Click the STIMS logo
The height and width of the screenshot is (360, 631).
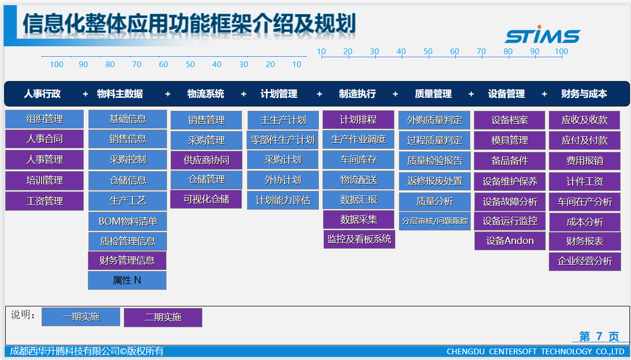click(x=542, y=34)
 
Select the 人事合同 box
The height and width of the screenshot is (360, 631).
click(x=45, y=139)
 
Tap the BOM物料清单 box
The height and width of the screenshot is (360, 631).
click(x=127, y=222)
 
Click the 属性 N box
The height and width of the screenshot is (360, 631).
click(x=127, y=280)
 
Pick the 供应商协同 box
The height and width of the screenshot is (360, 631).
click(x=206, y=160)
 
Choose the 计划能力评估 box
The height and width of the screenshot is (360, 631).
click(x=283, y=200)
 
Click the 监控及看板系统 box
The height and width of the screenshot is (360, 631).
click(x=359, y=239)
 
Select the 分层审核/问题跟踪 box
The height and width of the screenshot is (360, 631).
click(x=435, y=221)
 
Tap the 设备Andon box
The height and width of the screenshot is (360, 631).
click(x=510, y=241)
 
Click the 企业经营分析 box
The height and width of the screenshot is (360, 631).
click(x=585, y=261)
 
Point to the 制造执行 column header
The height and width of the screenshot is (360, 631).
click(x=357, y=94)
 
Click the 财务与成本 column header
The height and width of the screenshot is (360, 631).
click(x=584, y=94)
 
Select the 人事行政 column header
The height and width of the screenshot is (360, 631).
click(x=42, y=94)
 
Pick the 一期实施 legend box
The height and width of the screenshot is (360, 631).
click(x=81, y=317)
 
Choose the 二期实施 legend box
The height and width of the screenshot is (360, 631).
click(x=163, y=317)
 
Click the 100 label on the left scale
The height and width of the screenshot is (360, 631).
click(x=56, y=65)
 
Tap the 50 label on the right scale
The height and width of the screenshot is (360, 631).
click(x=428, y=52)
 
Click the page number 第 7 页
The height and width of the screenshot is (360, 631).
click(x=599, y=337)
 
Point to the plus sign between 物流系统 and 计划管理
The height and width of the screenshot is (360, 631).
click(x=243, y=94)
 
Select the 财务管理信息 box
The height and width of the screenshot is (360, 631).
click(x=127, y=261)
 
